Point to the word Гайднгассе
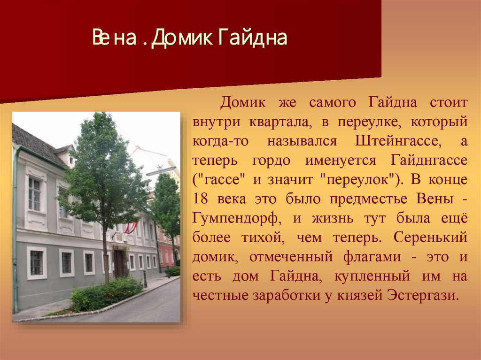point(428,161)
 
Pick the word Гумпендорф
point(236,218)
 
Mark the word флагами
point(362,257)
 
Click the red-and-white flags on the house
point(131,228)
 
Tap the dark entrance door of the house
point(119,263)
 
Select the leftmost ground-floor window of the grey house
point(36,263)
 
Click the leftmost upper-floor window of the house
point(34,193)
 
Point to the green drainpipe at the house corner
point(16,235)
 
